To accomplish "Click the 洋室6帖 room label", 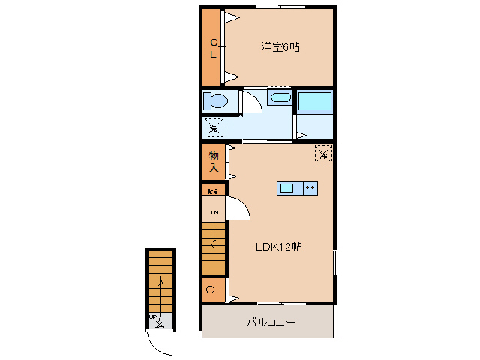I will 280,47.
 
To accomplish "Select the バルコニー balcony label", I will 271,322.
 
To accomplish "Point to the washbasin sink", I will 280,98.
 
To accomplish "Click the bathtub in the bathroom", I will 315,100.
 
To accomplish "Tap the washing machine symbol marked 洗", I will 214,127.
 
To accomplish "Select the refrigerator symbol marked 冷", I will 323,154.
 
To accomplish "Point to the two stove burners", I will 310,187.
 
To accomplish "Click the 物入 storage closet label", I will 214,161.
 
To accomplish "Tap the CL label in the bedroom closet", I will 213,48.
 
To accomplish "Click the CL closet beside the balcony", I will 213,290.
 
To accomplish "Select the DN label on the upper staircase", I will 214,213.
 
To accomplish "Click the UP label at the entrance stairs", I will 154,317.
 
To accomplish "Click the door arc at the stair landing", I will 239,208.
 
